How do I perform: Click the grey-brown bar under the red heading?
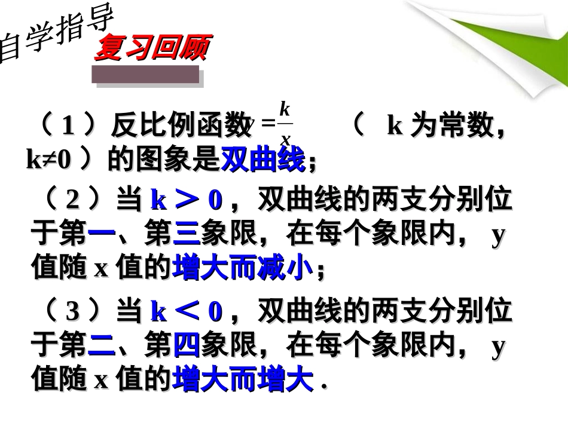click(x=145, y=75)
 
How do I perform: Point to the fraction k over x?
click(x=285, y=124)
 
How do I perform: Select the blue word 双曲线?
click(x=263, y=160)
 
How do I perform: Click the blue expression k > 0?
click(x=186, y=201)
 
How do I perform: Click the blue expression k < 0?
click(x=186, y=311)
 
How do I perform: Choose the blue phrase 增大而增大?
click(x=242, y=379)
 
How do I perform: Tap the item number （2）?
click(x=72, y=201)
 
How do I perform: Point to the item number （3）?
click(x=72, y=311)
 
